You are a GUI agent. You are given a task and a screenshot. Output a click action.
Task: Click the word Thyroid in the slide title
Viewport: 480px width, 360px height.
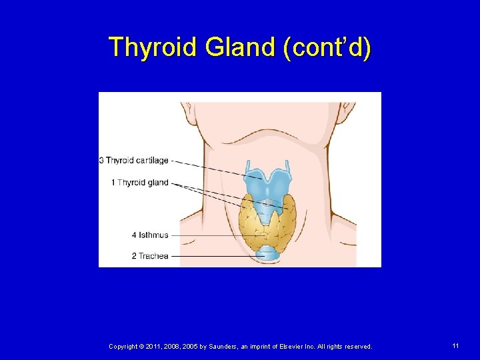point(153,47)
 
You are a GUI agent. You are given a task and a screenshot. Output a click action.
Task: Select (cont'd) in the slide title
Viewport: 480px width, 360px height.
point(326,47)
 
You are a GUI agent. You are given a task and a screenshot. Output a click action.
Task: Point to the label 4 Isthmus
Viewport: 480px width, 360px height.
point(150,235)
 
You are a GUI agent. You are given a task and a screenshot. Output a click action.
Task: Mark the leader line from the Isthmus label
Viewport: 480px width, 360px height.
point(213,235)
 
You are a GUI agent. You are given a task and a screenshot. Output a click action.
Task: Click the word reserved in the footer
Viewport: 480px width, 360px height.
point(358,347)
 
